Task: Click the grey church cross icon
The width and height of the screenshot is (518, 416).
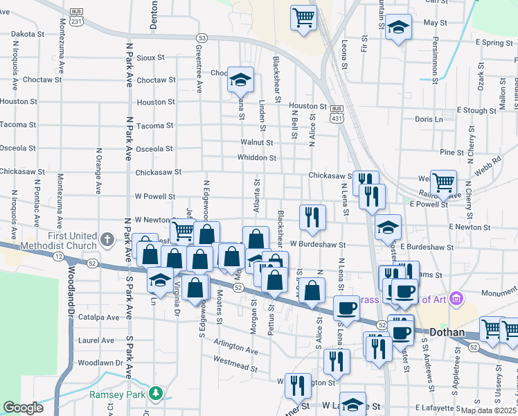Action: coord(107,239)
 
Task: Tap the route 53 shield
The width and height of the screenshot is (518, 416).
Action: coord(202,38)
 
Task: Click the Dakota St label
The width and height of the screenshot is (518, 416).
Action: coord(28,33)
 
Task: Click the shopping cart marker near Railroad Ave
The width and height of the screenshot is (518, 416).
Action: coord(443,183)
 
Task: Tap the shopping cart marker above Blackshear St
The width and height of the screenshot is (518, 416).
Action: coord(303,17)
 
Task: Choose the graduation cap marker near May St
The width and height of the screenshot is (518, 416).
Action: coord(398,27)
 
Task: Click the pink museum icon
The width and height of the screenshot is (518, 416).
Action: coord(456,299)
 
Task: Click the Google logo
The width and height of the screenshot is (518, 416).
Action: coord(23,408)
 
